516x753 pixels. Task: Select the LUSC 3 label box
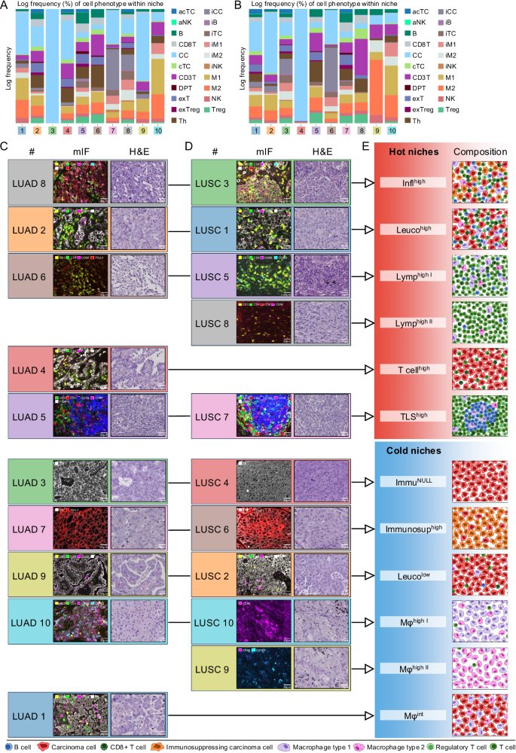[x=215, y=182]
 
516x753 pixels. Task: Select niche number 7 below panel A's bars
[x=111, y=130]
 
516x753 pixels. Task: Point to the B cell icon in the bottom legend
[x=7, y=745]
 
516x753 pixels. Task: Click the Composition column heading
[x=480, y=151]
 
